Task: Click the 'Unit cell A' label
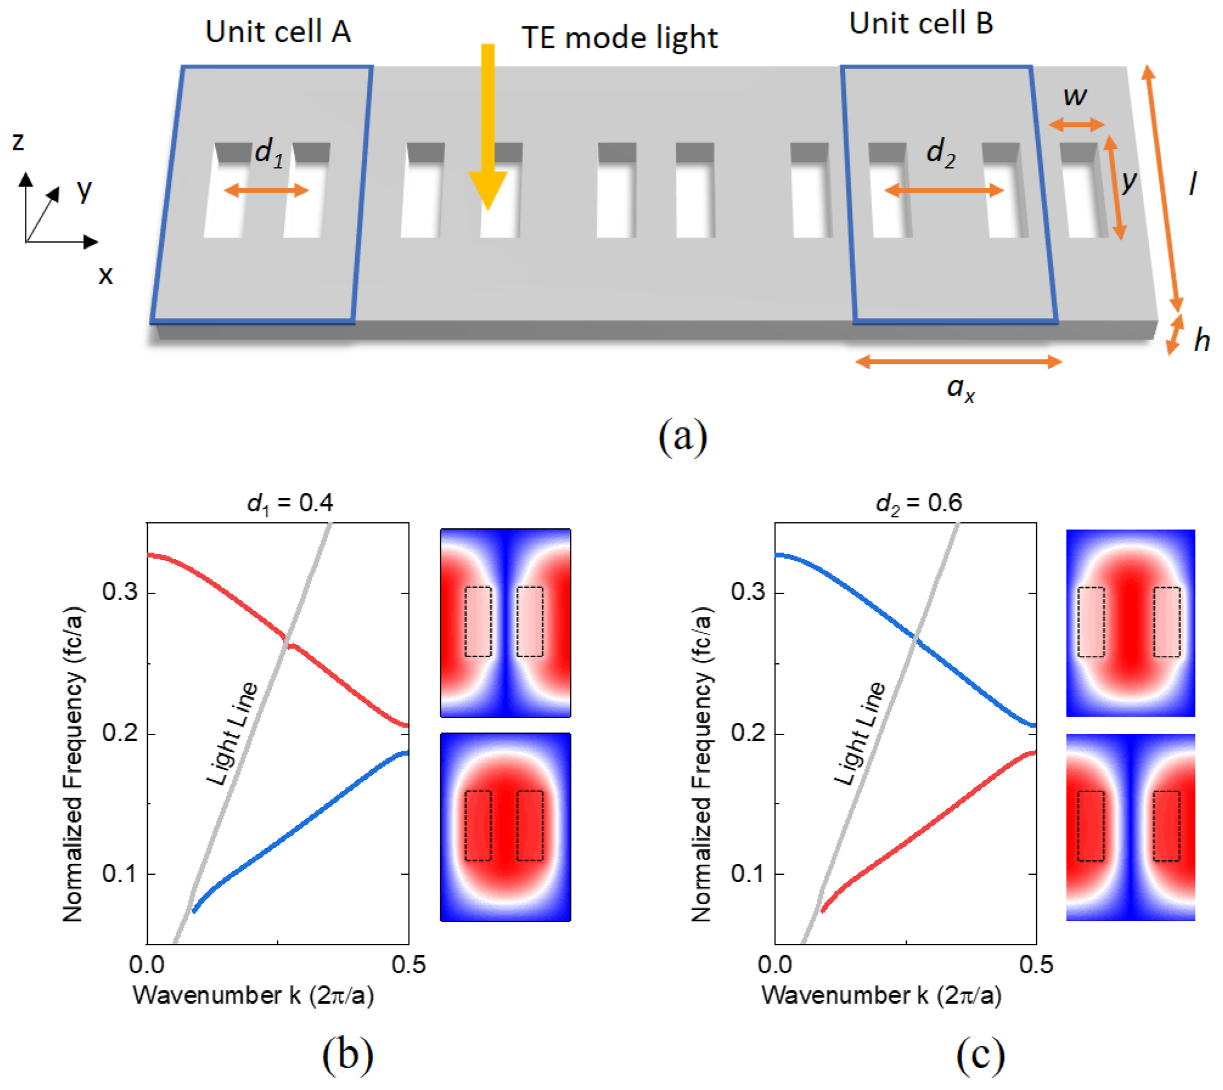pos(278,32)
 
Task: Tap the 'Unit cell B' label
pos(921,24)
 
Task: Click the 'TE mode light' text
pos(620,38)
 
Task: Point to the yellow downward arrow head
pos(488,190)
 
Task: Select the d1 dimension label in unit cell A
pos(268,152)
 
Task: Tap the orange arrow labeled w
pos(1076,125)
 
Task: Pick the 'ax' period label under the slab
pos(960,388)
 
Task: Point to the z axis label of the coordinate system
pos(18,141)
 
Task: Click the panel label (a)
pos(682,435)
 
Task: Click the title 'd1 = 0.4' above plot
pos(290,503)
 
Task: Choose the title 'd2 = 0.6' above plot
pos(919,503)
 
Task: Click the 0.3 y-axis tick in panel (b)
pos(119,592)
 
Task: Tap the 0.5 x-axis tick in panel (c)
pos(1036,965)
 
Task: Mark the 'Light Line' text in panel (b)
pos(232,733)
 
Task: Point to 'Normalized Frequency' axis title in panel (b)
pos(73,764)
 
